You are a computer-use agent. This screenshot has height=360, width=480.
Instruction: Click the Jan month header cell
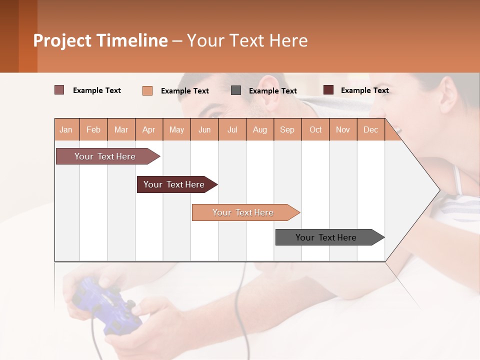pyautogui.click(x=66, y=129)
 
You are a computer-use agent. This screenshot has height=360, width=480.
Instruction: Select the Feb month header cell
pyautogui.click(x=93, y=129)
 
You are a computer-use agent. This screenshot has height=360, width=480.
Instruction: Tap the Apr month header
pyautogui.click(x=149, y=129)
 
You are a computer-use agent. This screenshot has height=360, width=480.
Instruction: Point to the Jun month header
pyautogui.click(x=204, y=129)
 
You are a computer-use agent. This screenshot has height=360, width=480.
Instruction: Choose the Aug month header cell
pyautogui.click(x=260, y=129)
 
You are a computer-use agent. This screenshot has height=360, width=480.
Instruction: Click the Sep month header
pyautogui.click(x=287, y=129)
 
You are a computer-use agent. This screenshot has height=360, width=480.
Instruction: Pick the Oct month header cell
pyautogui.click(x=315, y=129)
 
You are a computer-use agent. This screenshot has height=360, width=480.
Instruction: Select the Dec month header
pyautogui.click(x=371, y=129)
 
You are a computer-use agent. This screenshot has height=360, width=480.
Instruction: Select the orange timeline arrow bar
pyautogui.click(x=244, y=212)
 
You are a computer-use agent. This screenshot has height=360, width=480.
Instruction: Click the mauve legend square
pyautogui.click(x=59, y=90)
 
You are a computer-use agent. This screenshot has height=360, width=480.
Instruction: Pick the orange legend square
pyautogui.click(x=147, y=90)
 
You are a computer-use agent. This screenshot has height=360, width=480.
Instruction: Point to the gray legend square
pyautogui.click(x=236, y=90)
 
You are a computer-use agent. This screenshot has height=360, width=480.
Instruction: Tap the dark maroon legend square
pyautogui.click(x=328, y=90)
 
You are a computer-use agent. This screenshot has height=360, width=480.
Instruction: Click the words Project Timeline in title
pyautogui.click(x=100, y=40)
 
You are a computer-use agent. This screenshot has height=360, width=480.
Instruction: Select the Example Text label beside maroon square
pyautogui.click(x=365, y=90)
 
